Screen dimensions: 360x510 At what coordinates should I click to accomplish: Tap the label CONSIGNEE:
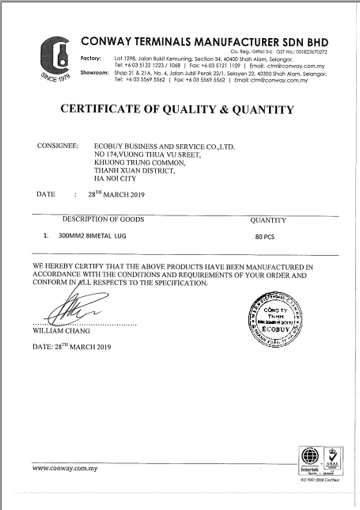(x=58, y=147)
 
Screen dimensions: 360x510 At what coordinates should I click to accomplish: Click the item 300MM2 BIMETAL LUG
(x=99, y=236)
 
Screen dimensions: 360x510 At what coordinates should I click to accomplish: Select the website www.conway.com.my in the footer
(x=64, y=468)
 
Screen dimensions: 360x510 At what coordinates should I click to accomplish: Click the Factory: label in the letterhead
(x=93, y=59)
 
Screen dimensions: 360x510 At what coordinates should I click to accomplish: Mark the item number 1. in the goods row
(x=47, y=236)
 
